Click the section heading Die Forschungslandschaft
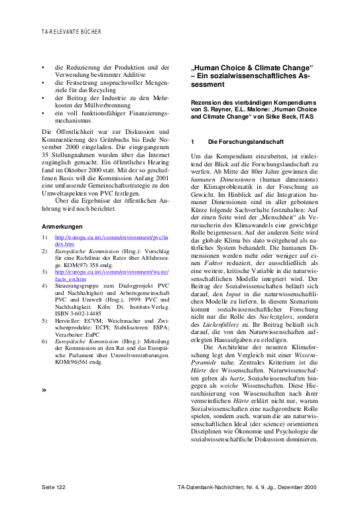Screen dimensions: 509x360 (239, 142)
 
